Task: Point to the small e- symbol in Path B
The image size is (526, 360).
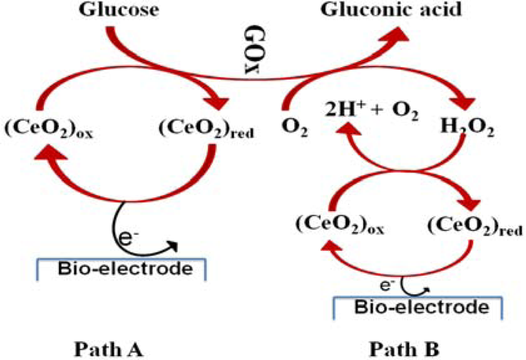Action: (387, 285)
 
